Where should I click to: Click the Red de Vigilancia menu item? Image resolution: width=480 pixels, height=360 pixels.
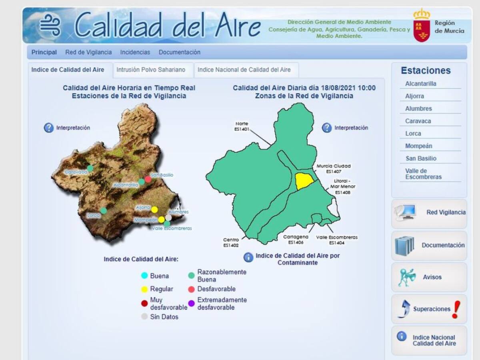point(88,52)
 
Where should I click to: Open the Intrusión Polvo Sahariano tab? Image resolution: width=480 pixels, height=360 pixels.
point(151,70)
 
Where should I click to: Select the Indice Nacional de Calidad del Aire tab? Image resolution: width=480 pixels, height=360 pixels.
point(244,70)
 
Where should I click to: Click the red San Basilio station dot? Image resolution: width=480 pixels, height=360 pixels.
point(148,179)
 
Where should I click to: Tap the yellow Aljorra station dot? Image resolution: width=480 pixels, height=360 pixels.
point(154,210)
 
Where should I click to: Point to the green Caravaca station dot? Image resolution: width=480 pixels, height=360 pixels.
point(90,168)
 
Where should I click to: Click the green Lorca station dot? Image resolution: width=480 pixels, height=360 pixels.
point(104,210)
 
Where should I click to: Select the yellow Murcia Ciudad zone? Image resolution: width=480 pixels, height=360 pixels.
point(304,181)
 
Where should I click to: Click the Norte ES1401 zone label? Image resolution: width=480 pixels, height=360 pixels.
point(242,126)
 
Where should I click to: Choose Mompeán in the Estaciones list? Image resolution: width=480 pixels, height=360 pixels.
point(418,146)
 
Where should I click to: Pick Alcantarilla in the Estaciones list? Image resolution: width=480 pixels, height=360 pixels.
point(420,84)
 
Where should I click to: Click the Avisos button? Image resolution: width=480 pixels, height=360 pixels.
point(429,277)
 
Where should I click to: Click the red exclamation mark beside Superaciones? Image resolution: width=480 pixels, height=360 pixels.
point(455,309)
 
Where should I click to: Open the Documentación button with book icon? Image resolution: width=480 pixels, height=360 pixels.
point(429,246)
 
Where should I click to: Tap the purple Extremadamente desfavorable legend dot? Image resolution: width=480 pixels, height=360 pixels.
point(191,304)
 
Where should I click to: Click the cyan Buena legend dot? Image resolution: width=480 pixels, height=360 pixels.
point(144,276)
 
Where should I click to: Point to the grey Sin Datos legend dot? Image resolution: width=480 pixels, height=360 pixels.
point(144,317)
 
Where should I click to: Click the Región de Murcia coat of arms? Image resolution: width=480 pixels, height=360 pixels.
point(422,26)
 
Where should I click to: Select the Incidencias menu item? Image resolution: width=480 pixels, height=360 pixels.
point(135,52)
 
